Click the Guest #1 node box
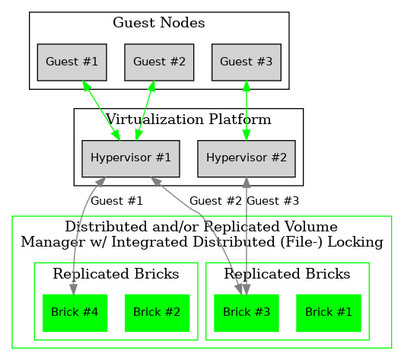(72, 62)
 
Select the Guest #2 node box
(159, 62)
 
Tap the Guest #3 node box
(246, 62)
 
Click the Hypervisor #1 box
(130, 159)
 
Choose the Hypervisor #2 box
(246, 159)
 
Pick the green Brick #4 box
(74, 311)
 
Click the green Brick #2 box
(157, 311)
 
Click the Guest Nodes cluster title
(159, 23)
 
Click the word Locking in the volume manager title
(356, 242)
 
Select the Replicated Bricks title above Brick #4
(116, 273)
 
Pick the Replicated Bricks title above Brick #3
(288, 273)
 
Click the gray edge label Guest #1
(116, 202)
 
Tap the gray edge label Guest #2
(215, 202)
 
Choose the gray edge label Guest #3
(273, 202)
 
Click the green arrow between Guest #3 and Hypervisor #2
(246, 110)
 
